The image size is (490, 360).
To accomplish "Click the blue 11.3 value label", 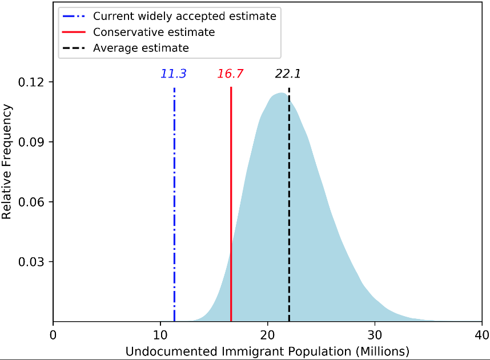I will click(x=174, y=74).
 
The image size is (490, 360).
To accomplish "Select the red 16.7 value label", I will click(x=231, y=74).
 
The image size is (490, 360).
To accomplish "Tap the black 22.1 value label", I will click(x=288, y=74).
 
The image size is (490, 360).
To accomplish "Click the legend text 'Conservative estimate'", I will click(x=154, y=32).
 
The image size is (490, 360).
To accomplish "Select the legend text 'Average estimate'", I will click(x=141, y=48).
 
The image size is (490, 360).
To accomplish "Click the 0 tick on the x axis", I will click(x=53, y=334).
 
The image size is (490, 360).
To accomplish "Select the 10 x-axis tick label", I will click(x=160, y=334).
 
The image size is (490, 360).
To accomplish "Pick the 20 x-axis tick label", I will click(x=267, y=334).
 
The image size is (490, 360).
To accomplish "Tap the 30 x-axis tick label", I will click(x=375, y=334).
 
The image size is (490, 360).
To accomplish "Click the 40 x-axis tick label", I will click(x=481, y=334).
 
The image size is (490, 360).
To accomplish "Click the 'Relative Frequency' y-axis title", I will click(x=7, y=161).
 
